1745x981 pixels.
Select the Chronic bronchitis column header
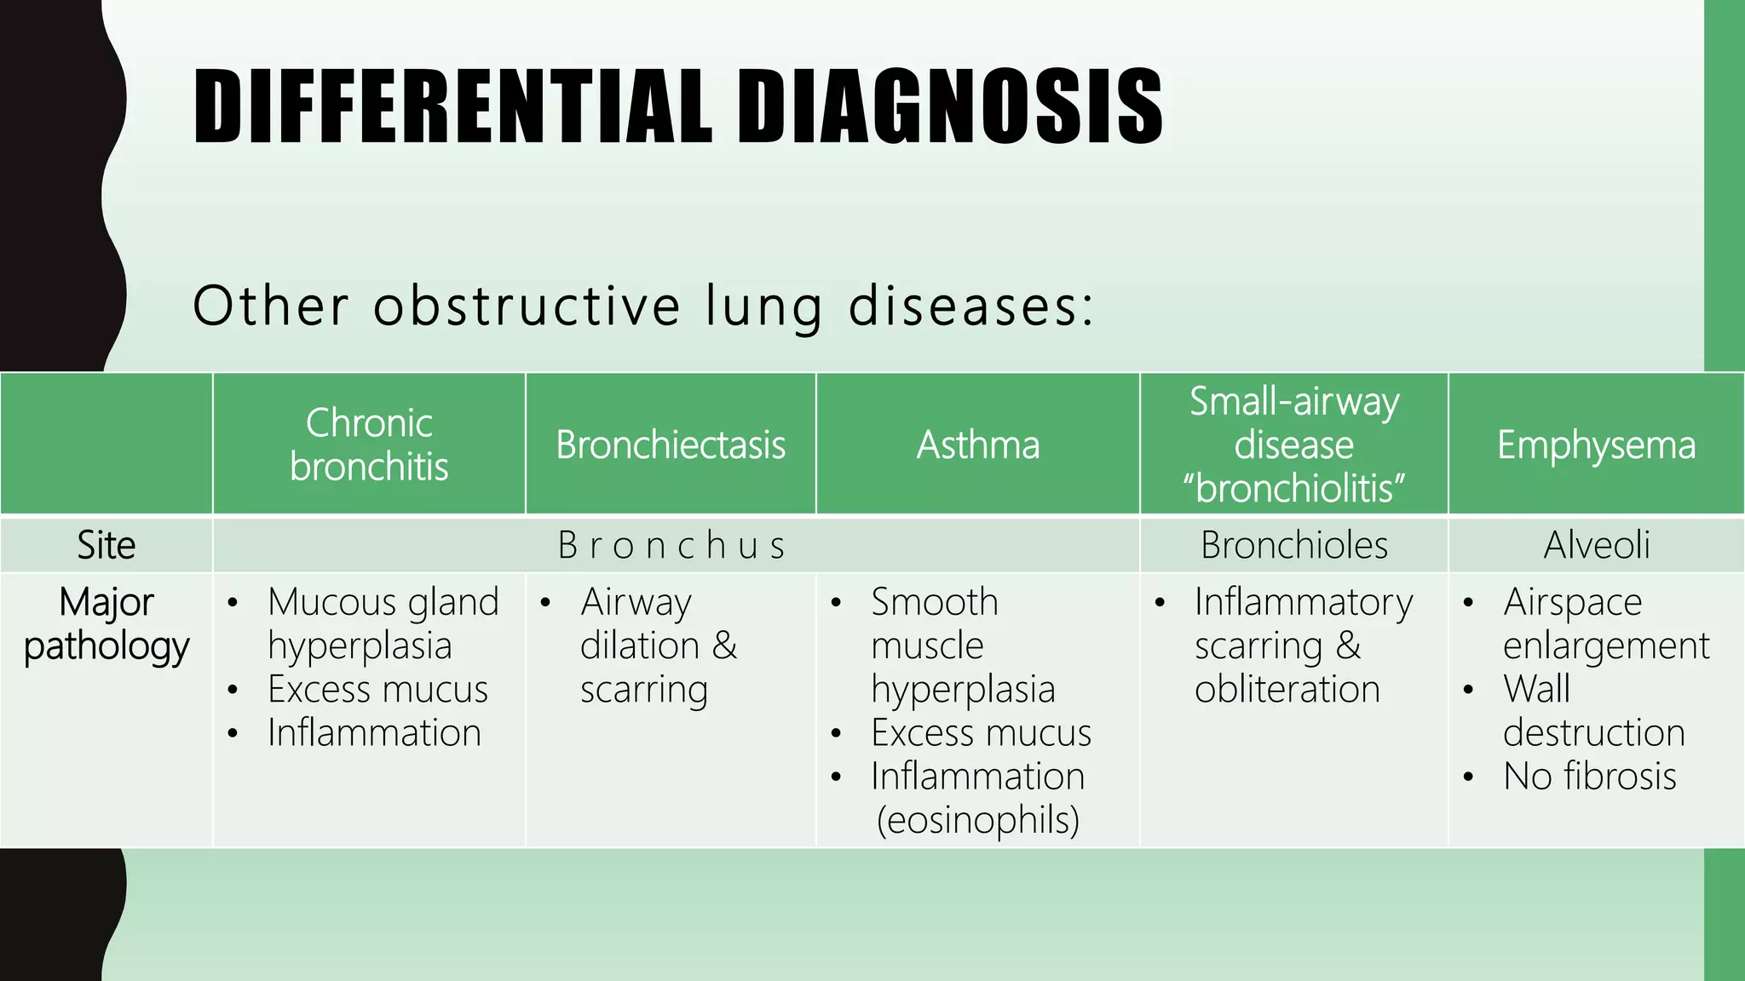pos(369,445)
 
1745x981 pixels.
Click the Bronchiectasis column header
pos(671,445)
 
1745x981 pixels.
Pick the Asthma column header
pos(978,445)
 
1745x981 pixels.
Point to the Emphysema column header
pos(1596,445)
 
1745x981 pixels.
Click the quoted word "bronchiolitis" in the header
pos(1293,488)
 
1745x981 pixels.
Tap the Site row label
pos(106,545)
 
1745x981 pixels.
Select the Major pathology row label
pos(106,624)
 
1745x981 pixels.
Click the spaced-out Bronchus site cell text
pos(671,546)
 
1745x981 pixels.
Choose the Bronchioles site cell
pos(1293,545)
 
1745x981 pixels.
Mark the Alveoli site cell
pos(1596,545)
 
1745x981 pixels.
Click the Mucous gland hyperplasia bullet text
pos(383,624)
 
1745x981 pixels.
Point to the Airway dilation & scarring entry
pos(658,645)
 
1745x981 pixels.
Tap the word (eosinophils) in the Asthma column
pos(978,820)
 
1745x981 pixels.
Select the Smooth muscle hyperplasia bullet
pos(962,645)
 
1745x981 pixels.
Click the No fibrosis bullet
pos(1589,777)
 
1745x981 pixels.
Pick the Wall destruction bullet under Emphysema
pos(1592,711)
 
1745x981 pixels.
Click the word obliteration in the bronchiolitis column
pos(1287,689)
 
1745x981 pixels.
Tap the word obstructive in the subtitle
pos(527,306)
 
